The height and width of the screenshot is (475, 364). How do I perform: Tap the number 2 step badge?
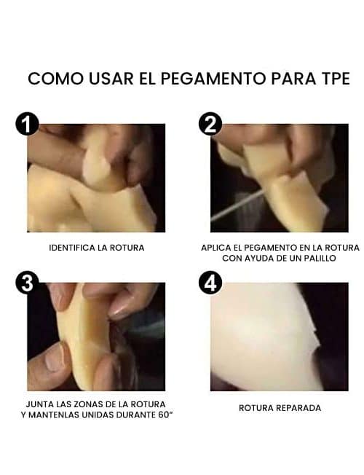pyautogui.click(x=210, y=124)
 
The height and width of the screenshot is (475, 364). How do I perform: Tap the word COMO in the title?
pyautogui.click(x=52, y=79)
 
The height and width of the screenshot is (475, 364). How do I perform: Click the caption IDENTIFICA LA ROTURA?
pyautogui.click(x=96, y=248)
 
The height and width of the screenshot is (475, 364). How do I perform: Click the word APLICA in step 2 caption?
pyautogui.click(x=216, y=248)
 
